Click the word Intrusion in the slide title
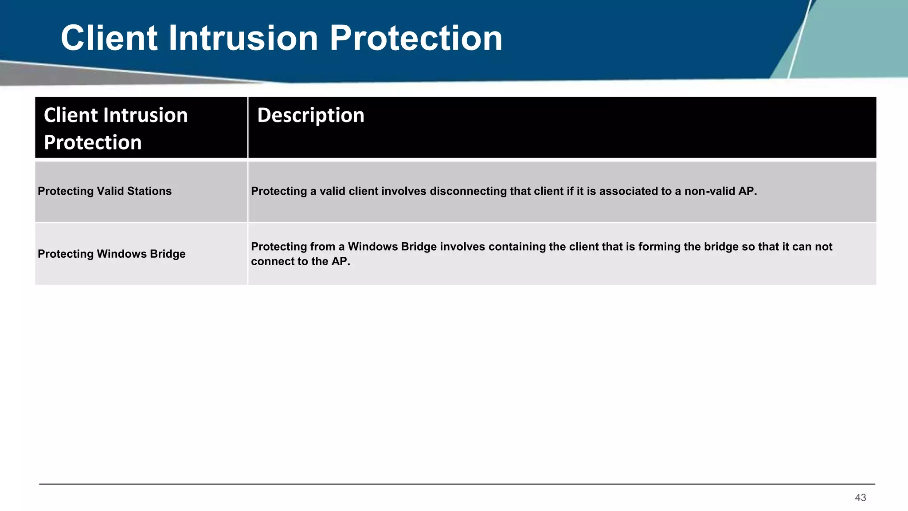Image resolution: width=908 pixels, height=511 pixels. (243, 38)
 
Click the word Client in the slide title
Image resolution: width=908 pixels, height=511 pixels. (109, 38)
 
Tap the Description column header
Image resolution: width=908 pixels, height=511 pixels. (310, 115)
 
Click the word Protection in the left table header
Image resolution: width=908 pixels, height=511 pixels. (93, 143)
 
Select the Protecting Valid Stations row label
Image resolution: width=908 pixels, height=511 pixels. (105, 191)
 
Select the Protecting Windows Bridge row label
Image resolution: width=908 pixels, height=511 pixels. (111, 254)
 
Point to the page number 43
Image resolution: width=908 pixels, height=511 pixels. (860, 498)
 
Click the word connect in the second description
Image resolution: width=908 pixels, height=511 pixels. (270, 262)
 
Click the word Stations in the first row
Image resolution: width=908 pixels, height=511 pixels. (149, 191)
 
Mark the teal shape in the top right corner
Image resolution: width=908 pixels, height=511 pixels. (851, 40)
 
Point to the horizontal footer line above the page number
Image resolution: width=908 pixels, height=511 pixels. (457, 484)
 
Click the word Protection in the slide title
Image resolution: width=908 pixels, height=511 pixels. (415, 38)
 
